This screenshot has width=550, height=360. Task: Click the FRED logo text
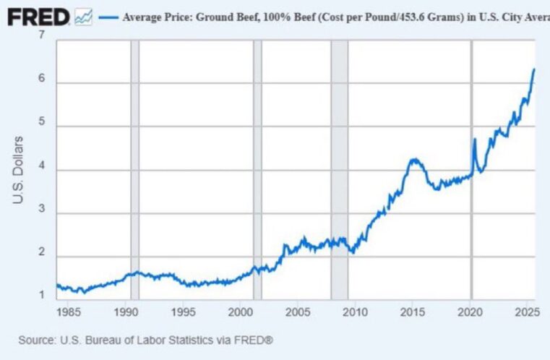(38, 16)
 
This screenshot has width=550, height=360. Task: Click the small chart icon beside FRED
(83, 16)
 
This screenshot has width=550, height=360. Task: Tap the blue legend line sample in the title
(108, 17)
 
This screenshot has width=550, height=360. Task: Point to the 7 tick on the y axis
(42, 35)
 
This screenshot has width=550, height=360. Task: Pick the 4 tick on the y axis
(42, 169)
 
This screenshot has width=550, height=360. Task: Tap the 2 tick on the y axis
(42, 254)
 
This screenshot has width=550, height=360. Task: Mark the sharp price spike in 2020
(474, 140)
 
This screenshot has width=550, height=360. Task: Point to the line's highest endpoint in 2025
(533, 69)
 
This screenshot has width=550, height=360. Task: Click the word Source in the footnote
(37, 338)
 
